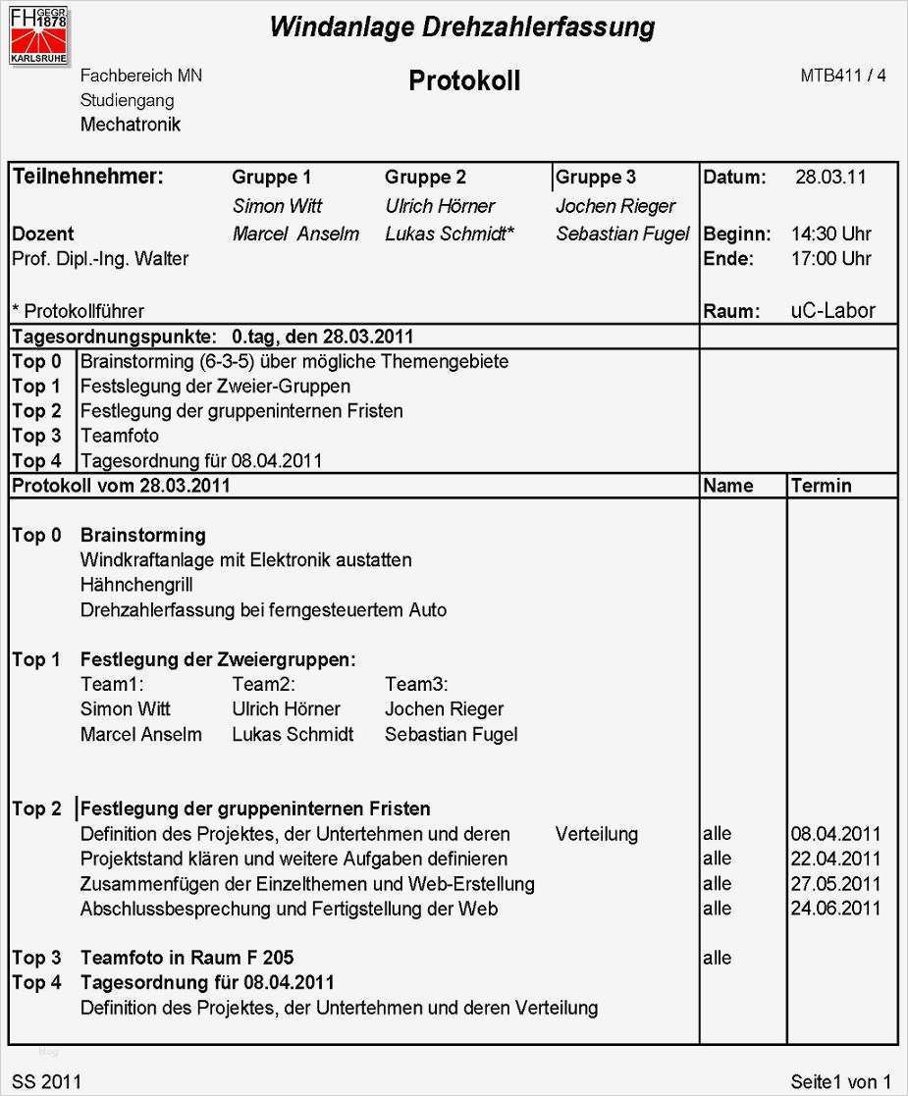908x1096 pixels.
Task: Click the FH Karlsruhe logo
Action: click(x=39, y=34)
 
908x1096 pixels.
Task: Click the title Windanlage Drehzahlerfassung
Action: click(x=461, y=26)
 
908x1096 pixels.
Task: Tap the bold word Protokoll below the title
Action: click(x=464, y=80)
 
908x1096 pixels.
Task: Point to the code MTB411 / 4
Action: click(x=843, y=76)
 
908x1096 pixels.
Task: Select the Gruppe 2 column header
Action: click(x=425, y=178)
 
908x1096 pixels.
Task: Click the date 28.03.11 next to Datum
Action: click(x=830, y=178)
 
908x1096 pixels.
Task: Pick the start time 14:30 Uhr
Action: click(x=830, y=235)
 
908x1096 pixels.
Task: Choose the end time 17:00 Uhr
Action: click(x=830, y=259)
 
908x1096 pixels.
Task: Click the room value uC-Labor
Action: click(x=832, y=311)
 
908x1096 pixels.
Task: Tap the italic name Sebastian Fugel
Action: click(x=622, y=235)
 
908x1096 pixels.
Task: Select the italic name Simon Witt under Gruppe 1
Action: click(x=277, y=206)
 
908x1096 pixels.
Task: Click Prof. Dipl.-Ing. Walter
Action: click(x=100, y=259)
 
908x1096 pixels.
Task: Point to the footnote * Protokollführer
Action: click(x=78, y=311)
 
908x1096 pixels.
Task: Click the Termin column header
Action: click(x=821, y=486)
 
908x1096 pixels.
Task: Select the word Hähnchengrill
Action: click(x=136, y=585)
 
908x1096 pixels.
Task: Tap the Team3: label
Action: click(x=416, y=685)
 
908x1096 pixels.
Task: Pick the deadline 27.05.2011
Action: click(x=835, y=884)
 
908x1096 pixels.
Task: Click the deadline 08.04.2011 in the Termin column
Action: click(x=835, y=835)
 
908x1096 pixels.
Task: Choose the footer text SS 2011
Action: click(x=47, y=1082)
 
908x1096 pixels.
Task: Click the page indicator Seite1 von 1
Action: click(x=840, y=1082)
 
